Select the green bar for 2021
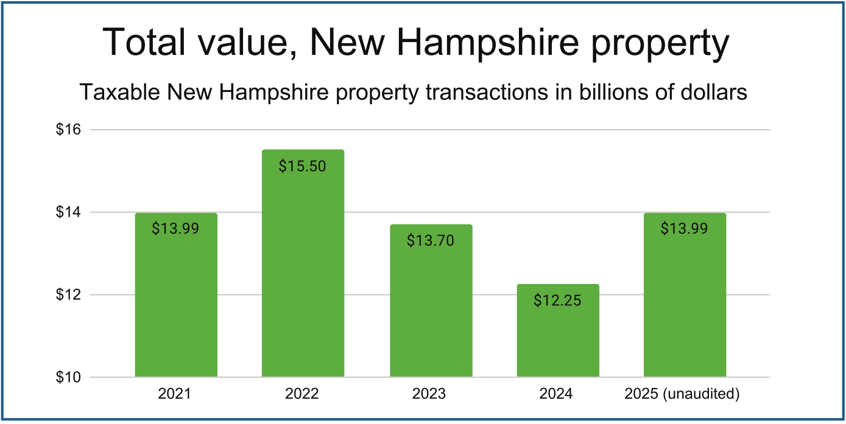[175, 305]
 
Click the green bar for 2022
[303, 274]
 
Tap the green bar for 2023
[431, 311]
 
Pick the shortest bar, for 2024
[558, 341]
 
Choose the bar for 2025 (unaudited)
[685, 305]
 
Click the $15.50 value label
[303, 166]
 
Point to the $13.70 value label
[431, 241]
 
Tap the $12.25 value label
[558, 300]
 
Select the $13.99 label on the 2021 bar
[175, 229]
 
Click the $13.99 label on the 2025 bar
[685, 229]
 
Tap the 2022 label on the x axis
[302, 394]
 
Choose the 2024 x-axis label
[556, 394]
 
